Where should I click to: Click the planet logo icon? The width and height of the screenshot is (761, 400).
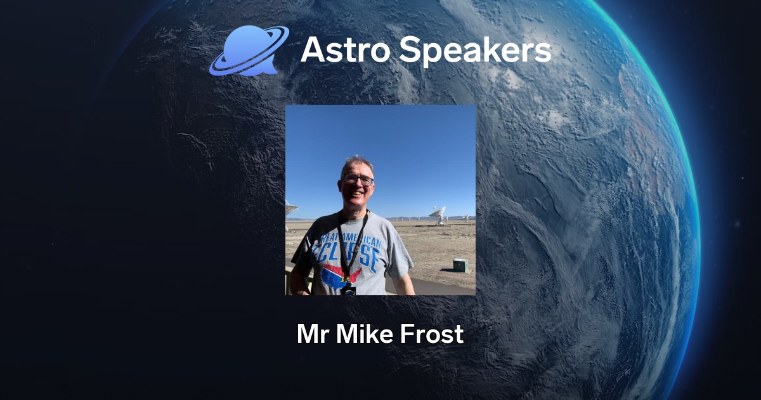pos(248,51)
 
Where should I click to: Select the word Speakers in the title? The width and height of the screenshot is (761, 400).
pos(472,51)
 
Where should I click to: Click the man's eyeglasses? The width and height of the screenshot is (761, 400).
pos(358,180)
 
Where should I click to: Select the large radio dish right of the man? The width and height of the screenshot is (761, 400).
pos(438,213)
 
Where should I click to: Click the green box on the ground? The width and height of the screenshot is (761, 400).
pos(460,265)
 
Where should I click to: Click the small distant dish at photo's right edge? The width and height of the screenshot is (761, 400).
pos(466,218)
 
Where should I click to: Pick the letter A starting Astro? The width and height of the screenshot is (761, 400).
pos(312,50)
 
